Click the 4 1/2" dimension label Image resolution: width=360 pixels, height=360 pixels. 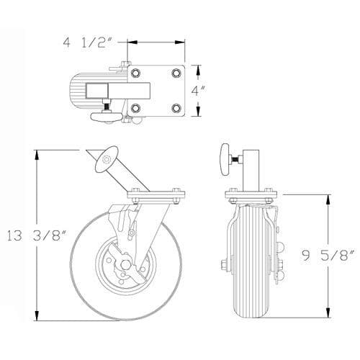tap(88, 42)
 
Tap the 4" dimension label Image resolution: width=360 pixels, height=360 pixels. tap(198, 91)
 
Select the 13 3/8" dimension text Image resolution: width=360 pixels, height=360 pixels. tap(36, 236)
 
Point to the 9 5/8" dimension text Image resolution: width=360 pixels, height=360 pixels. tap(328, 256)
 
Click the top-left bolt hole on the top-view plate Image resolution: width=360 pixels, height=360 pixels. tap(135, 73)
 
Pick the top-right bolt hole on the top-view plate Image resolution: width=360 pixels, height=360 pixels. tap(176, 73)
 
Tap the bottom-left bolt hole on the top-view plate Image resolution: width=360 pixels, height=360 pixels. tap(135, 108)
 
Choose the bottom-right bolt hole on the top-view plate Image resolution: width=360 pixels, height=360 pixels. tap(176, 108)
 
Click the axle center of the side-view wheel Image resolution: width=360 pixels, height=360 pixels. tap(125, 264)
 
